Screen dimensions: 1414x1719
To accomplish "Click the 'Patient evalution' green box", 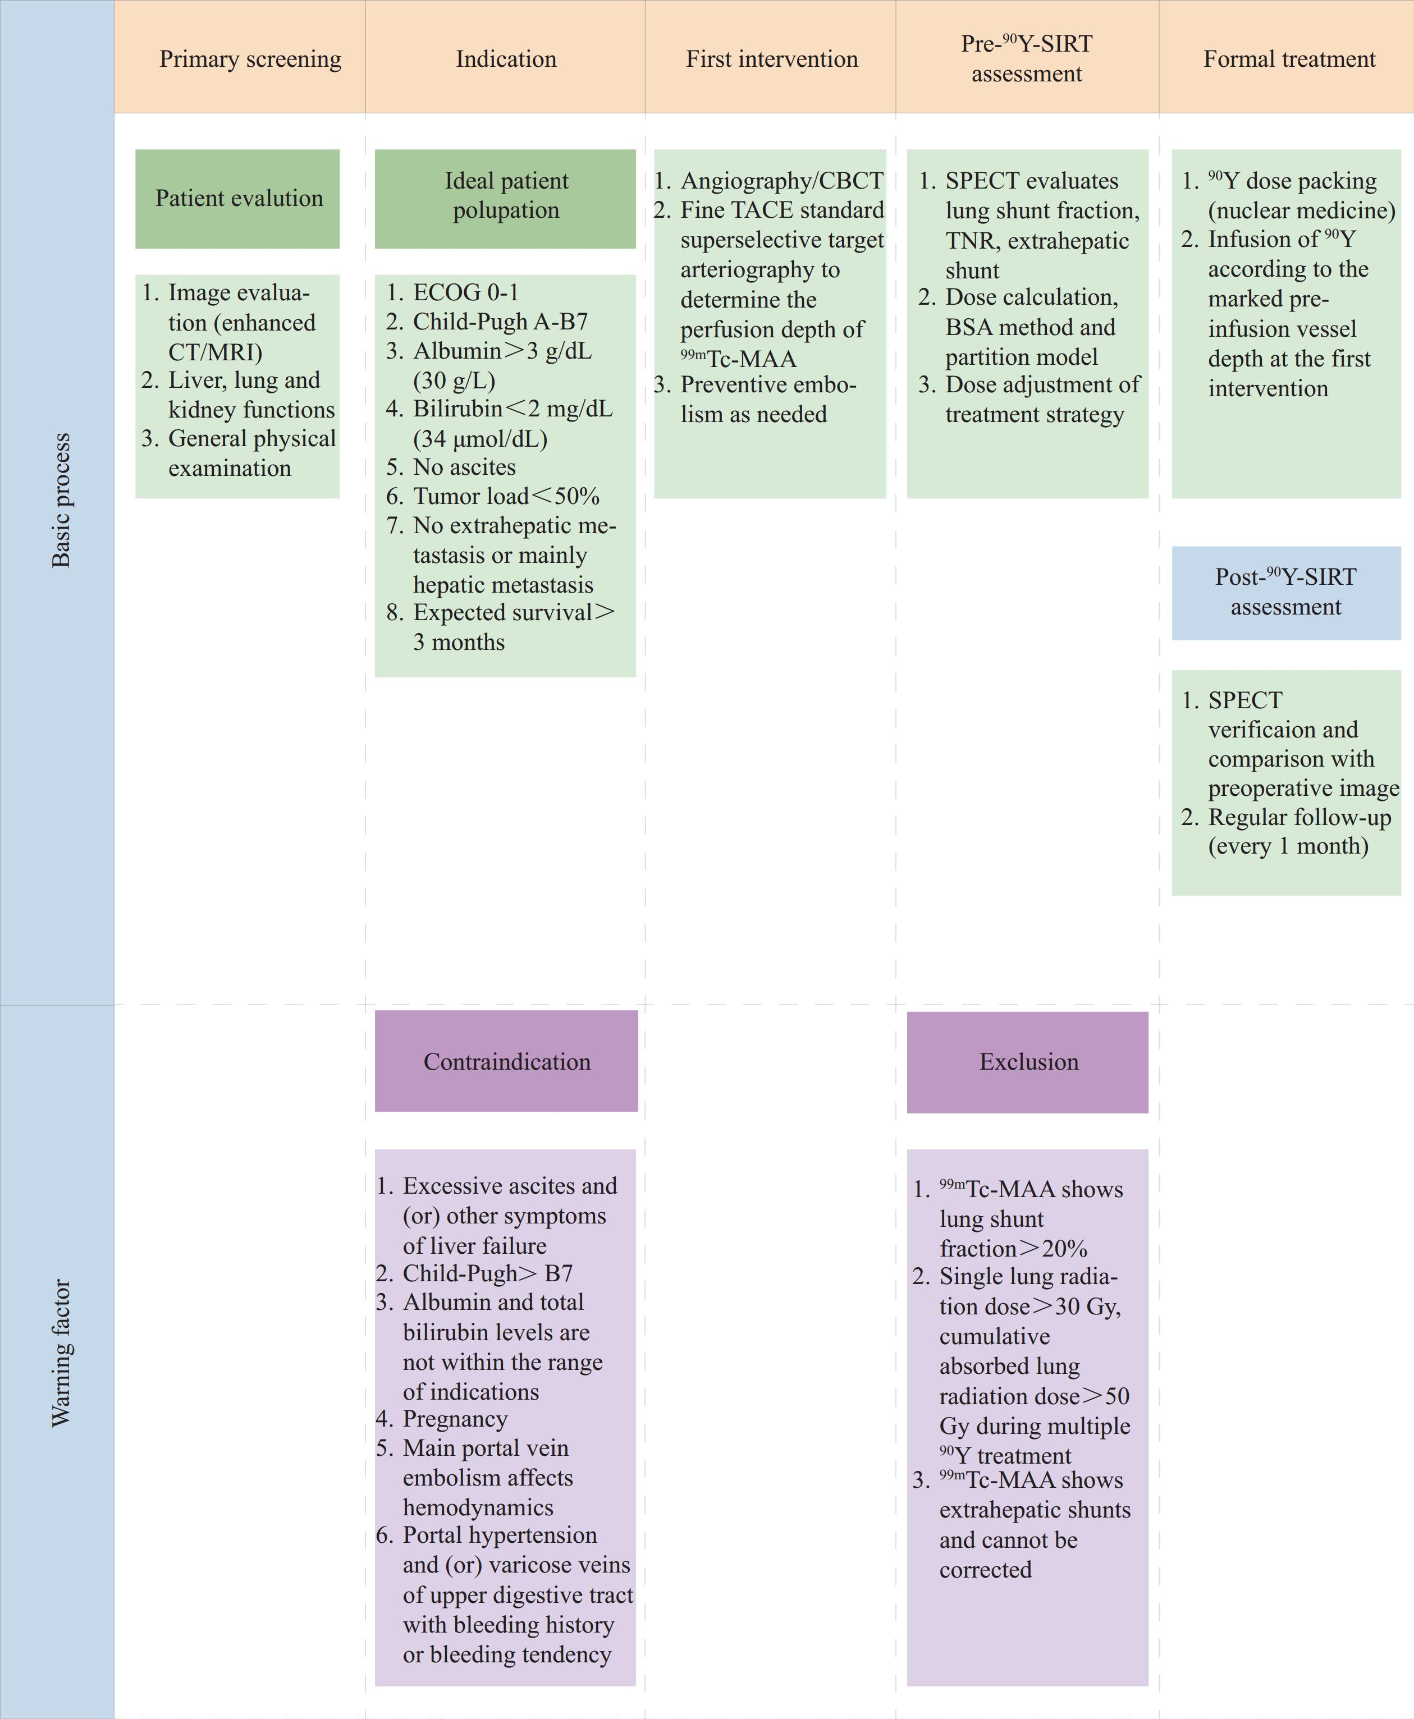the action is (237, 199).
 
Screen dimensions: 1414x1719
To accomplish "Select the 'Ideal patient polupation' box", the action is (505, 199).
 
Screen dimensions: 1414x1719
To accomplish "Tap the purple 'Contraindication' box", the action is (506, 1061).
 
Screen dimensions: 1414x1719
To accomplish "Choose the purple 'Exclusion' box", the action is (1028, 1062).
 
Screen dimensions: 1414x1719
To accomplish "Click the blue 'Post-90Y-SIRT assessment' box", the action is (1286, 593).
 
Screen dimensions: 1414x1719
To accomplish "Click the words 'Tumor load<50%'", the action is (506, 497).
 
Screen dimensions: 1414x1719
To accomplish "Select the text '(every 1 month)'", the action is (1288, 847).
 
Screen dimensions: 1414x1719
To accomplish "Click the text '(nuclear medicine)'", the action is (1302, 211).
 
